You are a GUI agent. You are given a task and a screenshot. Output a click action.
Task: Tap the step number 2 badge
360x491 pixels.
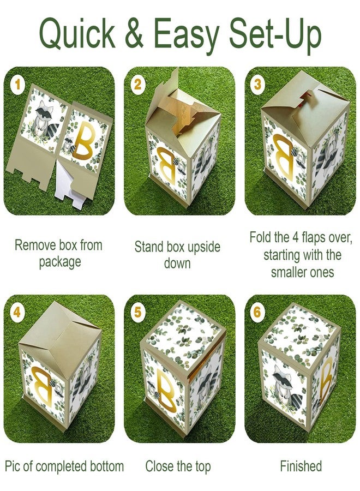click(x=137, y=85)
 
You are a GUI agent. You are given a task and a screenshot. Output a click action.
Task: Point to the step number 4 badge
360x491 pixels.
click(x=18, y=313)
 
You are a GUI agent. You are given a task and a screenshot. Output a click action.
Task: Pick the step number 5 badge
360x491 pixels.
click(x=137, y=313)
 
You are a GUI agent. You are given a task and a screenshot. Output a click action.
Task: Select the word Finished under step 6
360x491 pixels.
click(x=301, y=466)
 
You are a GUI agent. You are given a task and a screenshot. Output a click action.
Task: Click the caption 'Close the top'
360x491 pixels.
click(x=178, y=466)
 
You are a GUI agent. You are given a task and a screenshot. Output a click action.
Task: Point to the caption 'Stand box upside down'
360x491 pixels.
click(x=178, y=255)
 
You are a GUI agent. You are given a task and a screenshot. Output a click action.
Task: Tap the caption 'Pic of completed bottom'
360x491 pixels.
click(x=64, y=466)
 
